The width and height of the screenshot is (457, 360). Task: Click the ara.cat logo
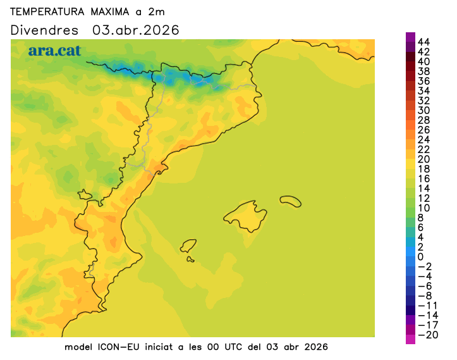click(54, 51)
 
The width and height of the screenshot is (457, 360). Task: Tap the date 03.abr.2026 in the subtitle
click(136, 30)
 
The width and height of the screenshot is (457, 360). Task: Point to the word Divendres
click(45, 30)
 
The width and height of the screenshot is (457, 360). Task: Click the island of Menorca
click(290, 201)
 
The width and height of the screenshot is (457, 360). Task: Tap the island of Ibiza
click(188, 245)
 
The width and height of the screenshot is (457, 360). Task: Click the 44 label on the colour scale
click(424, 42)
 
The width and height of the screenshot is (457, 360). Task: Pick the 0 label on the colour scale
click(421, 256)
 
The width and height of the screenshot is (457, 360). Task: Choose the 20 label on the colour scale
click(424, 159)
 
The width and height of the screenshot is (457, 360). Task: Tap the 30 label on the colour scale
click(424, 110)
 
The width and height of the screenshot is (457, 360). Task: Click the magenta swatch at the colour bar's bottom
click(410, 339)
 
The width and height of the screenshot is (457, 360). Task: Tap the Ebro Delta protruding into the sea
click(162, 168)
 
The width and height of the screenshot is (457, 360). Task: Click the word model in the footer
click(78, 347)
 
